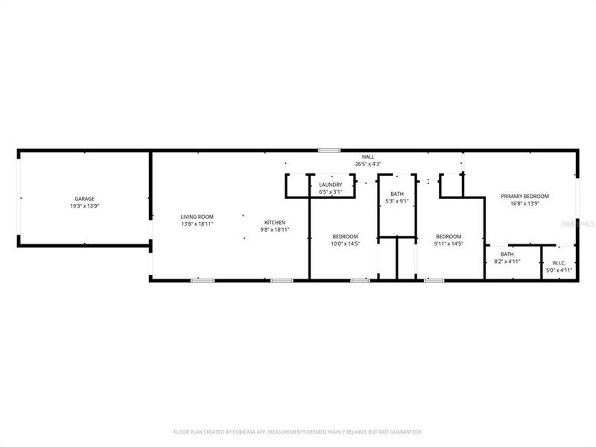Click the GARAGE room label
(84, 199)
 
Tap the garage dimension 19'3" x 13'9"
(84, 206)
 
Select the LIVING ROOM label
(197, 217)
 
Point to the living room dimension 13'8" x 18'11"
(197, 223)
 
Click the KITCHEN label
(274, 223)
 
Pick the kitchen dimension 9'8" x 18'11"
(274, 230)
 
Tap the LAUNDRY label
(330, 185)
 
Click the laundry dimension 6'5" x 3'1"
(330, 191)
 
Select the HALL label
(368, 156)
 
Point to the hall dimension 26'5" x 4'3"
(368, 164)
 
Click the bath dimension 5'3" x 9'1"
(396, 200)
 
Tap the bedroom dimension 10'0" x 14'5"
(345, 244)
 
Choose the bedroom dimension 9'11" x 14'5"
(449, 244)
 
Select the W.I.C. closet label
(559, 263)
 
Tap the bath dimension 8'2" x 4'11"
(507, 261)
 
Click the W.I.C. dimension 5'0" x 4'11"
(559, 270)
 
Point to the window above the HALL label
(329, 150)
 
